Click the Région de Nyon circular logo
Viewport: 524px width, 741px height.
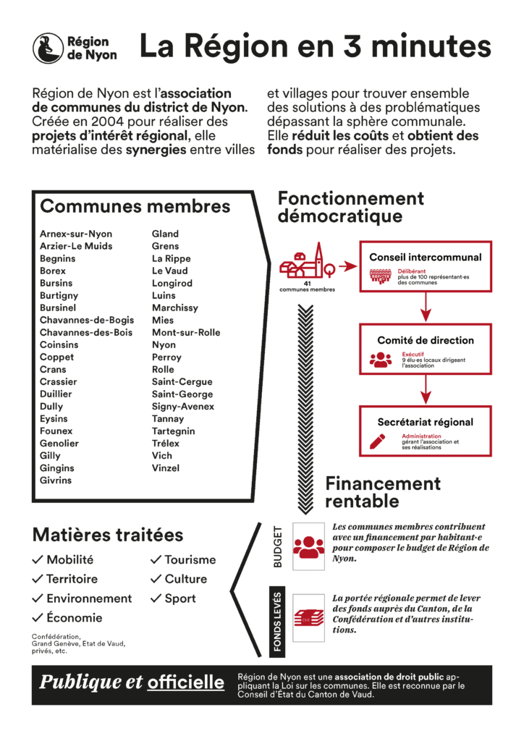coord(47,48)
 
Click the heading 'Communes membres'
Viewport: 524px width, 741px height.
coord(135,206)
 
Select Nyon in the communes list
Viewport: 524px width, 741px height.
coord(164,344)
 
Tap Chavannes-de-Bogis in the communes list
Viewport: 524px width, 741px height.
coord(87,320)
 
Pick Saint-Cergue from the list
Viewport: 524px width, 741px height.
coord(182,381)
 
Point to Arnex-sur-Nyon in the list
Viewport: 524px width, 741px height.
coord(76,234)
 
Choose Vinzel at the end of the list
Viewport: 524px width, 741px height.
coord(166,467)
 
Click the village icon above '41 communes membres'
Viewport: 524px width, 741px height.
coord(308,262)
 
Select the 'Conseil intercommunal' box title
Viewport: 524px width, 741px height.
coord(425,257)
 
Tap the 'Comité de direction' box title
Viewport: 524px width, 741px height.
coord(425,340)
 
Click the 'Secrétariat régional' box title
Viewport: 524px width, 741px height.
coord(425,422)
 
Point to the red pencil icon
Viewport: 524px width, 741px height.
coord(378,440)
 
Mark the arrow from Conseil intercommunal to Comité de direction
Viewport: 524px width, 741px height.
coord(425,308)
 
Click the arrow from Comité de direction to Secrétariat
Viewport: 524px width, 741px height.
coord(425,391)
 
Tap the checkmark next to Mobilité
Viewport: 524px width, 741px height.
coord(38,559)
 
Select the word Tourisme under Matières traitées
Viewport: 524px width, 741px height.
coord(190,559)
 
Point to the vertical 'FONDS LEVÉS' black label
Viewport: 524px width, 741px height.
coord(279,622)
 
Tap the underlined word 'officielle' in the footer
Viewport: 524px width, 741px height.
coord(185,682)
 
